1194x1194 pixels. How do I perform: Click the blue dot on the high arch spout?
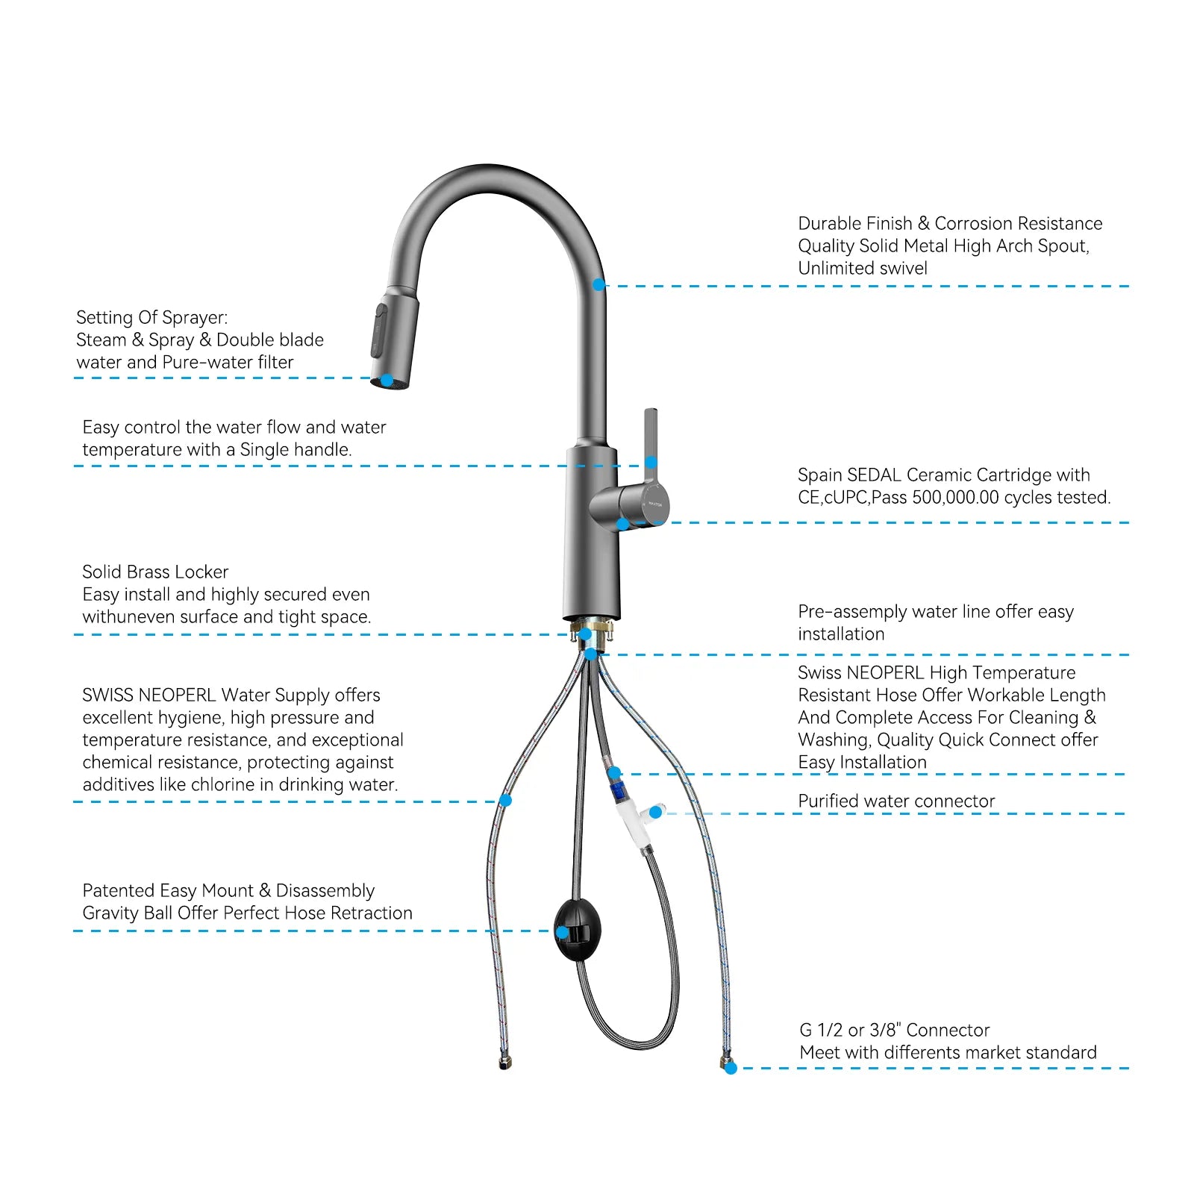(x=598, y=285)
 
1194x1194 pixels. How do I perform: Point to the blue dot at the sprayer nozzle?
(x=387, y=381)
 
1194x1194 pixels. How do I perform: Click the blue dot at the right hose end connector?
(x=731, y=1068)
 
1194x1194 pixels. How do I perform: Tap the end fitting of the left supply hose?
(x=505, y=1063)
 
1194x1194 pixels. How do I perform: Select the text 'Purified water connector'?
(x=895, y=801)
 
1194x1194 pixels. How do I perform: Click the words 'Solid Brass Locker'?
(x=155, y=572)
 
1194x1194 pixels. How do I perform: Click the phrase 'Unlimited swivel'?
(x=862, y=269)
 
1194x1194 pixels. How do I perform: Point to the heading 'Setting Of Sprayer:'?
(x=151, y=317)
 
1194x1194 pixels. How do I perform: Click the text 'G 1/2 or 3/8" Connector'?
(x=894, y=1030)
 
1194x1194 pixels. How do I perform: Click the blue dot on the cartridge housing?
(x=622, y=524)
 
